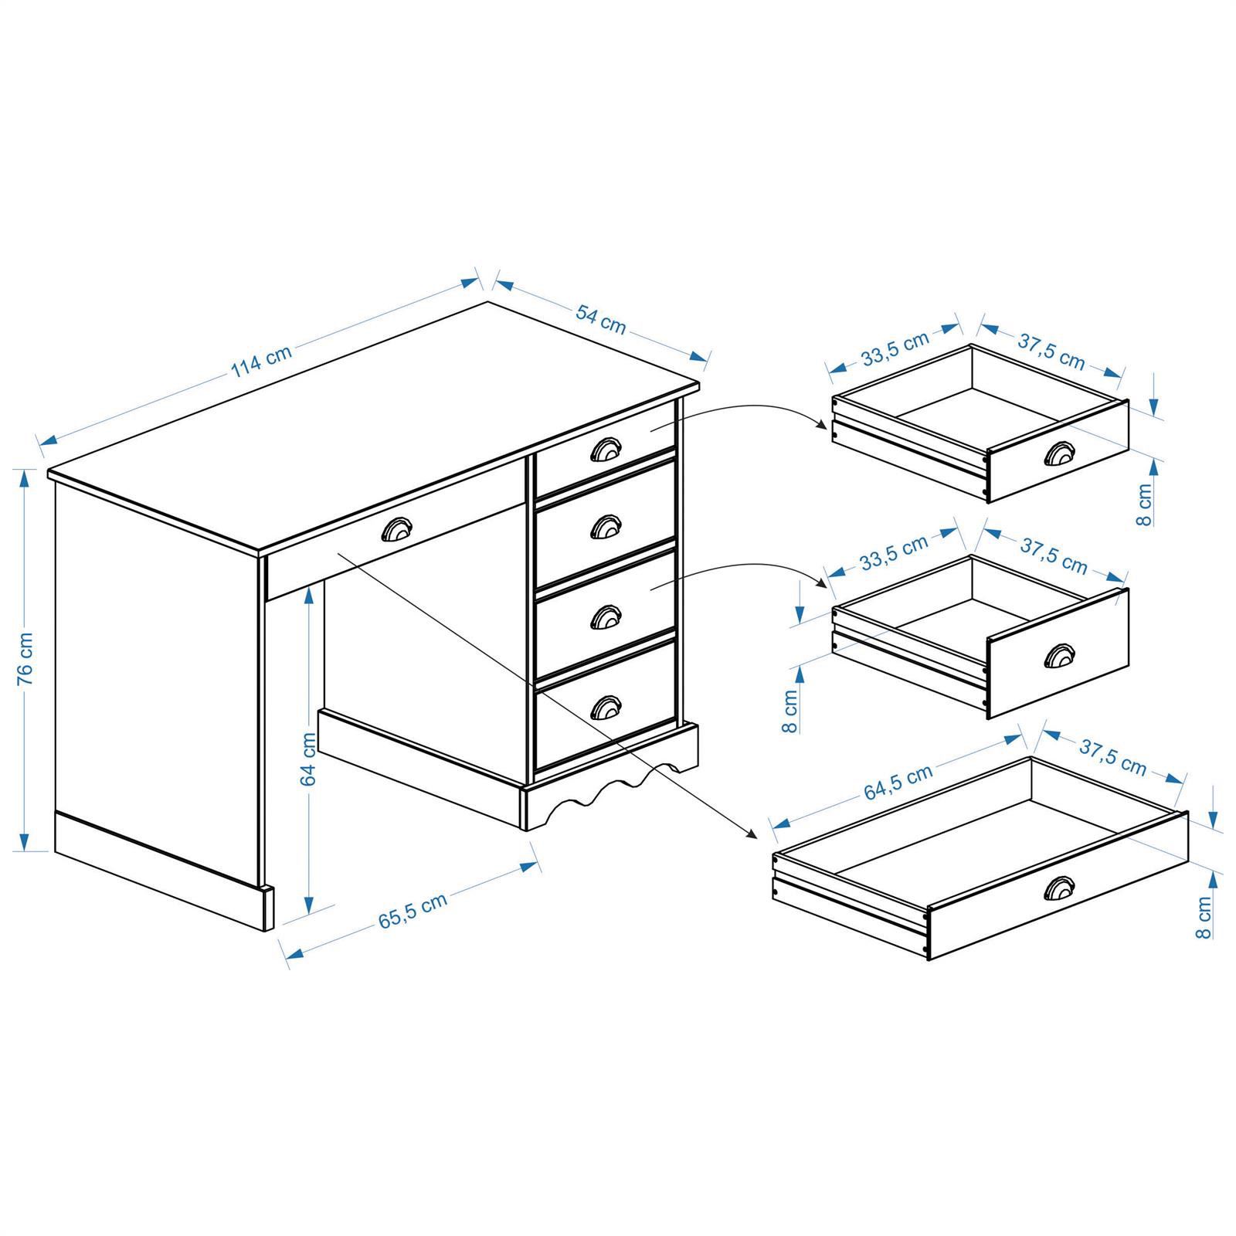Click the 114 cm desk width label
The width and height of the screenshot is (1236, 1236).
coord(262,364)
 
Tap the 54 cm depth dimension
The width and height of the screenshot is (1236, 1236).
coord(601,319)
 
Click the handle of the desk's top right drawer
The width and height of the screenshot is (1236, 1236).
coord(605,450)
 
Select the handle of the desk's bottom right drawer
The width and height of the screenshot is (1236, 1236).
coord(605,706)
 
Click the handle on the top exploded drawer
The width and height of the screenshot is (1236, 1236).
coord(1058,455)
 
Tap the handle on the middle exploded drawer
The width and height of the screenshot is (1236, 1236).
coord(1058,656)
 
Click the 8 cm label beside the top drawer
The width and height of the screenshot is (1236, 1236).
coord(1144,504)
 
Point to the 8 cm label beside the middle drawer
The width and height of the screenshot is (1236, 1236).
coord(789,712)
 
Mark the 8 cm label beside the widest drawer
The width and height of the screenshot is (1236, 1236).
coord(1203,917)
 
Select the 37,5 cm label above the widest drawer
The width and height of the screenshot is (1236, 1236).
coord(1112,757)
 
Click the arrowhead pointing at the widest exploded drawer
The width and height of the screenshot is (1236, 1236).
coord(752,834)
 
